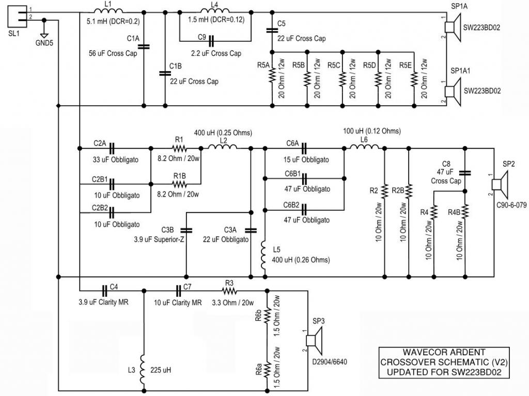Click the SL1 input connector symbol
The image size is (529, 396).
(18, 17)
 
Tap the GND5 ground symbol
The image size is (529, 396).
(44, 35)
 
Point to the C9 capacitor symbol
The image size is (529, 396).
(211, 41)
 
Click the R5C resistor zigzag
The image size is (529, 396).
(343, 78)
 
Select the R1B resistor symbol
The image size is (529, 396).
(179, 184)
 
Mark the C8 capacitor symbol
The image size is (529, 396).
(465, 173)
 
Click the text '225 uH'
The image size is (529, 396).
(161, 370)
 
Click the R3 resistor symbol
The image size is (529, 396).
(229, 291)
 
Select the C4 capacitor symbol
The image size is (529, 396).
(105, 291)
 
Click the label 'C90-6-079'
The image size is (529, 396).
(511, 205)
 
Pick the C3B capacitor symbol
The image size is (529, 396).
(186, 230)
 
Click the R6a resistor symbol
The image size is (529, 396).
(267, 369)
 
